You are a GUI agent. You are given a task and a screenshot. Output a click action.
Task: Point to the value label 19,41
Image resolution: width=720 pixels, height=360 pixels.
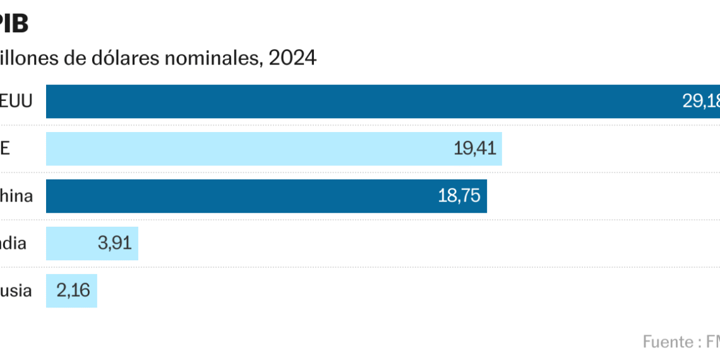(x=474, y=148)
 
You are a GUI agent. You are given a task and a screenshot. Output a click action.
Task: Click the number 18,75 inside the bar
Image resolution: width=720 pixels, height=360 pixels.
(x=459, y=196)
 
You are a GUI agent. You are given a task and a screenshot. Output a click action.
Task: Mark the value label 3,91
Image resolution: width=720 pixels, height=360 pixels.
(x=114, y=243)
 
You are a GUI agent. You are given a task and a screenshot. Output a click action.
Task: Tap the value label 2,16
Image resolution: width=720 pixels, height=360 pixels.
(x=73, y=291)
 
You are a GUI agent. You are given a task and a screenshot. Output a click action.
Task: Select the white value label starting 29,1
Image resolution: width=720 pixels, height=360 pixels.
(x=701, y=102)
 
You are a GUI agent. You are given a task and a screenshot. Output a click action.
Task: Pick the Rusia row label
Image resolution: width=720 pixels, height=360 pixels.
(x=15, y=291)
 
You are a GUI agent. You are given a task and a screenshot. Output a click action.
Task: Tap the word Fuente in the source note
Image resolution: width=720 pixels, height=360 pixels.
(x=668, y=342)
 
